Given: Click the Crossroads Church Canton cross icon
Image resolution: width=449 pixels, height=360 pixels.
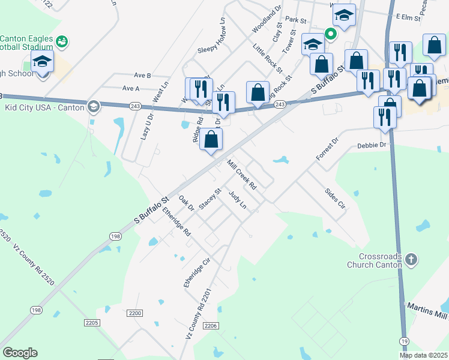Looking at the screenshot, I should (411, 259).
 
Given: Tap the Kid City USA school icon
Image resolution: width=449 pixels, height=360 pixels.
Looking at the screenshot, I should (93, 107).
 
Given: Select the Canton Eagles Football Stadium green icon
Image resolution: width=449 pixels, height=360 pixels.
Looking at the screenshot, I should (61, 41).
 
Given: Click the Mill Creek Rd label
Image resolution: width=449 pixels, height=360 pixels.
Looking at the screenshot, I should (242, 175).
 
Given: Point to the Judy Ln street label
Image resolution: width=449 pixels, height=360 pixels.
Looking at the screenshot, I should (238, 200).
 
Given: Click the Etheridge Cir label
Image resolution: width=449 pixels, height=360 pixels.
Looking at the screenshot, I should (198, 273).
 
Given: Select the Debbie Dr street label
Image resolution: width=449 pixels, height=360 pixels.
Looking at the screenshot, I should (373, 145).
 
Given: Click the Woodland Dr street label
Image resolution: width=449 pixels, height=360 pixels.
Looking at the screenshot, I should (267, 20).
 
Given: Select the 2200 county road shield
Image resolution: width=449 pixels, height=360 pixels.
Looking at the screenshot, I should (135, 313).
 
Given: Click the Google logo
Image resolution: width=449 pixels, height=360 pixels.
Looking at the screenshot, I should (20, 353).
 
